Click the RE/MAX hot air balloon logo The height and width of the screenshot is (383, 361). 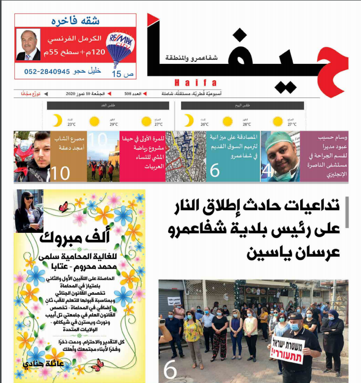[x=119, y=47]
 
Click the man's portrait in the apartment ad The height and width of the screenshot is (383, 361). [x=28, y=45]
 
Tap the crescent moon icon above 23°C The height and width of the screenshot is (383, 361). [x=57, y=120]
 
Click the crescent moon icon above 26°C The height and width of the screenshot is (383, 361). [x=189, y=120]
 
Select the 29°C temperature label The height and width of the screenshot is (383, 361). [x=113, y=125]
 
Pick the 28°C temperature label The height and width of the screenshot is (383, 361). [x=246, y=125]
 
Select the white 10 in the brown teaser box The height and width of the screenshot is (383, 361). [x=61, y=173]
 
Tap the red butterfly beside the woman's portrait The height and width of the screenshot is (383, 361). [x=63, y=207]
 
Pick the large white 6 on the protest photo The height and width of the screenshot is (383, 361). [x=170, y=370]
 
